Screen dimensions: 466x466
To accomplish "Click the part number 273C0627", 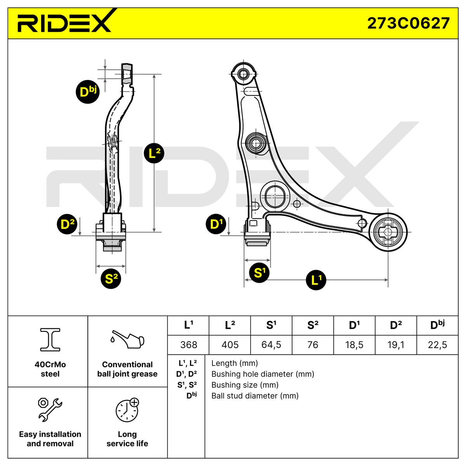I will pos(408,23).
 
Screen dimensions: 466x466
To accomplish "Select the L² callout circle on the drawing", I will pos(154,153).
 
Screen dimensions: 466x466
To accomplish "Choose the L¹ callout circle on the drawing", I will pos(316,279).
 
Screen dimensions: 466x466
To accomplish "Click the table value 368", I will pos(188,345).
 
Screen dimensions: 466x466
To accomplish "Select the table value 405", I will pos(230,345).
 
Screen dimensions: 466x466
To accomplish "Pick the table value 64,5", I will pos(271,345).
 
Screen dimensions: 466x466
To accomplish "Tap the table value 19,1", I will pos(396,345).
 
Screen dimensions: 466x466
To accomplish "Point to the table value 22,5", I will pos(437,345).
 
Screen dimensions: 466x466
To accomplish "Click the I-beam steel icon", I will pos(50,339).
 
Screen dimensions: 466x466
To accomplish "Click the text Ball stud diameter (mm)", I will pos(255,396).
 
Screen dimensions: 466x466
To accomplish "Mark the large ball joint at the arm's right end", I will pos(388,232).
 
